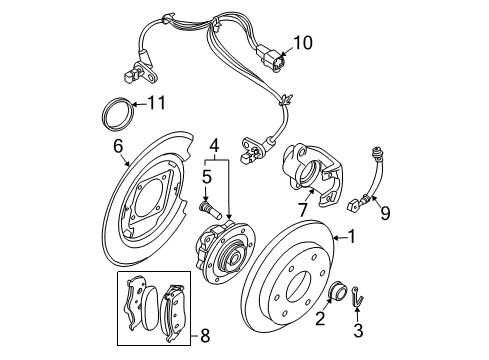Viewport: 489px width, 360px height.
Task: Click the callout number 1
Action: click(x=351, y=238)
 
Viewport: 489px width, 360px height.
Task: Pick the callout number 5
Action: click(x=209, y=177)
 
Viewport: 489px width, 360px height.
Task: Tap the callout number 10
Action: click(x=302, y=42)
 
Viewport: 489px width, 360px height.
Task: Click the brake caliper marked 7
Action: click(x=309, y=170)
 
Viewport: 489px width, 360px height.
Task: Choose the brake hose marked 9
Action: click(x=372, y=180)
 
